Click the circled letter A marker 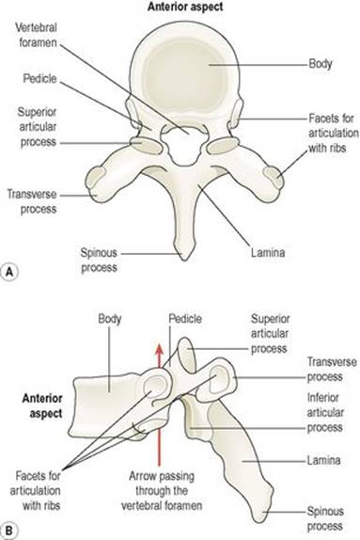pyautogui.click(x=9, y=272)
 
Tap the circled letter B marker pyautogui.click(x=9, y=530)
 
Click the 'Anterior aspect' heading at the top pyautogui.click(x=185, y=7)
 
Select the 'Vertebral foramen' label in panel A pyautogui.click(x=36, y=35)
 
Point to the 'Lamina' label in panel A pyautogui.click(x=268, y=252)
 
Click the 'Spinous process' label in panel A pyautogui.click(x=99, y=260)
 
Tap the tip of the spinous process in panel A pyautogui.click(x=184, y=259)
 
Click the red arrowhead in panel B pyautogui.click(x=159, y=350)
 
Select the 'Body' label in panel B pyautogui.click(x=109, y=319)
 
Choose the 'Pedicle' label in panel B pyautogui.click(x=185, y=319)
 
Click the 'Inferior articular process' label pyautogui.click(x=325, y=413)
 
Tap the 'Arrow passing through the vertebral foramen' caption pyautogui.click(x=162, y=491)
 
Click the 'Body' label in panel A pyautogui.click(x=321, y=64)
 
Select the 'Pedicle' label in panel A pyautogui.click(x=39, y=79)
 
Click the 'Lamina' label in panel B pyautogui.click(x=323, y=460)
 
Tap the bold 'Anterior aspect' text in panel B pyautogui.click(x=42, y=405)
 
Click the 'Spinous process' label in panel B pyautogui.click(x=325, y=518)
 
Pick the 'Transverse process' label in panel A pyautogui.click(x=32, y=201)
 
